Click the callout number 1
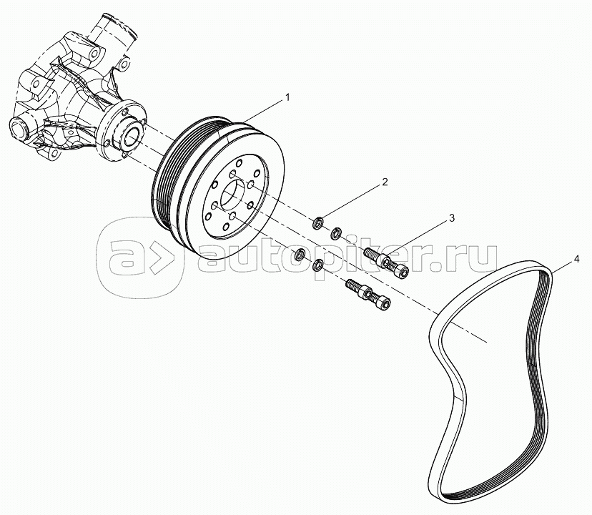coord(288,96)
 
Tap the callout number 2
coord(384,182)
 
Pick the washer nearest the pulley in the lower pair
coord(300,254)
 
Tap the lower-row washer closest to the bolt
coord(319,266)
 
